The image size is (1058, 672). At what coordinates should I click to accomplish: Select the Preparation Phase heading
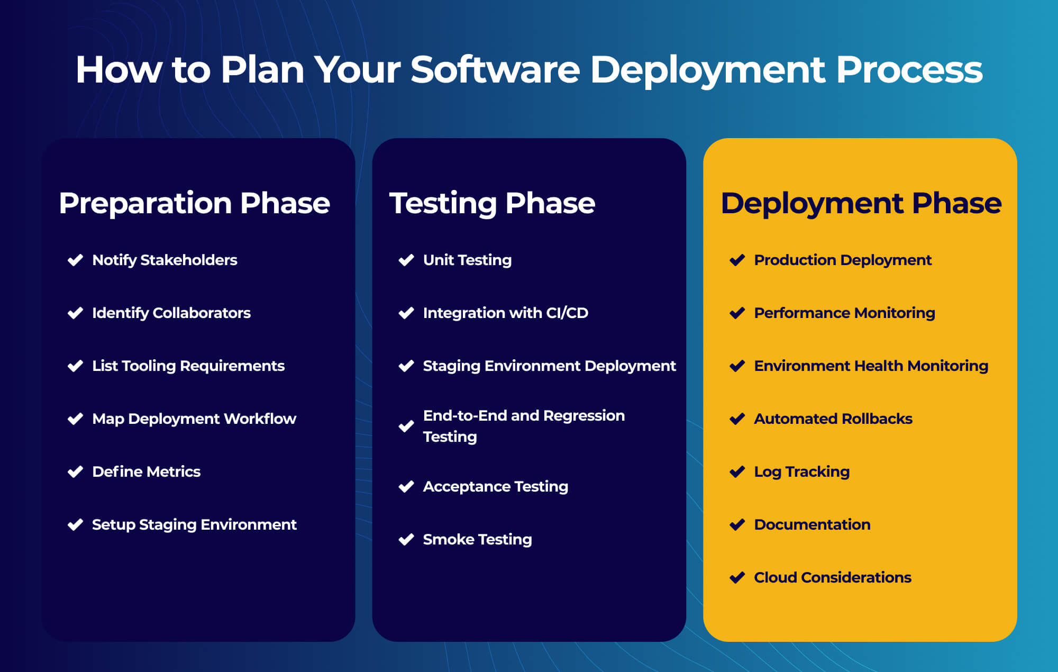coord(194,203)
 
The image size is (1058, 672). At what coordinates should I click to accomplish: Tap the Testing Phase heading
coord(492,203)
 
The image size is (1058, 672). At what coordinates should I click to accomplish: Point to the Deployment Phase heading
coord(861,203)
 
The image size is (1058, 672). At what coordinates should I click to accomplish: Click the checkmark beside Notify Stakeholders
coord(75,260)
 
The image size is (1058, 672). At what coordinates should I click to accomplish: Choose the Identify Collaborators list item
coord(171,313)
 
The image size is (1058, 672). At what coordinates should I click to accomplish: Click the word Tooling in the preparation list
coord(149,366)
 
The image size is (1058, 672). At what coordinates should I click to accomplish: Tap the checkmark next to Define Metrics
coord(75,471)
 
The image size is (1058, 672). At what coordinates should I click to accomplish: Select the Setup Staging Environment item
coord(194,524)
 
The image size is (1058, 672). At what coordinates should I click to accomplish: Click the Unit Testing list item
coord(467,260)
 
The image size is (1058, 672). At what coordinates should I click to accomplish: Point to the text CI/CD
coord(567,313)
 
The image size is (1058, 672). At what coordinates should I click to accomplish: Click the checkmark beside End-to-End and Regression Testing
coord(406,426)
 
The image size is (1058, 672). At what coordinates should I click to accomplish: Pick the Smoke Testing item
coord(477,539)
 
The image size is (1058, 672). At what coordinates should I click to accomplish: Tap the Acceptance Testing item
coord(495,486)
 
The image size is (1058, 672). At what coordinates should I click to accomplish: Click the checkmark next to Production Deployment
coord(737,260)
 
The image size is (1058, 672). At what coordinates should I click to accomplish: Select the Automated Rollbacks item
coord(833,419)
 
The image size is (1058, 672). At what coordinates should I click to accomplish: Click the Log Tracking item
coord(801,471)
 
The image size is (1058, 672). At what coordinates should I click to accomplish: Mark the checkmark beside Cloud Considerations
coord(737,577)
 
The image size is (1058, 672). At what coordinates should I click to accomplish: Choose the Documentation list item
coord(812,524)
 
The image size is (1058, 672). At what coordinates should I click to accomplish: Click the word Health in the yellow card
coord(879,366)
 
